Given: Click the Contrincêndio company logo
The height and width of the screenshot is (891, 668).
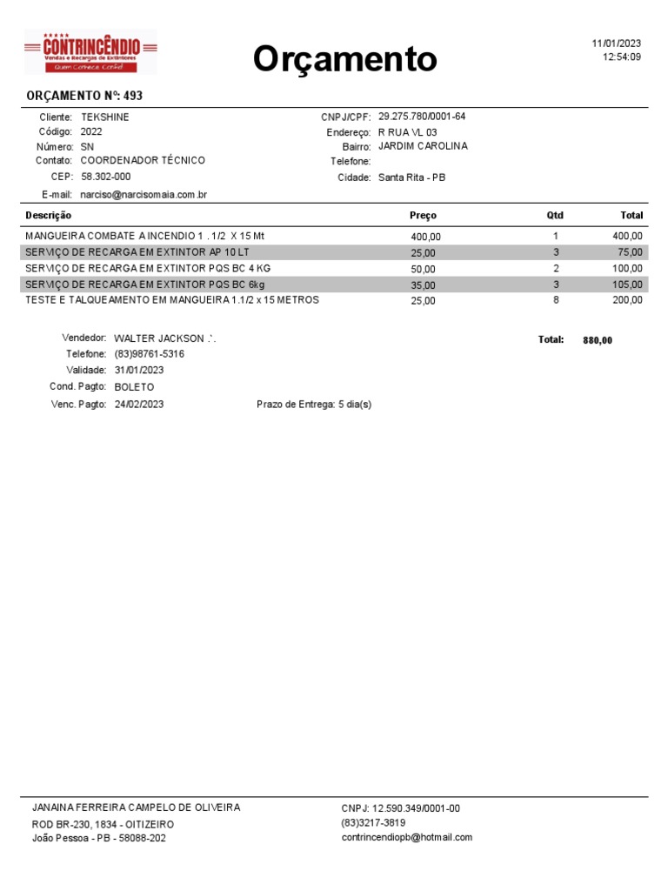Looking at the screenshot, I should [90, 52].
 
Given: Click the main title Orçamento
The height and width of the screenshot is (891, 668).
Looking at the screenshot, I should [345, 59].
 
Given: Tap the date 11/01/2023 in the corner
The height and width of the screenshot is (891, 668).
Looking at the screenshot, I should [616, 44].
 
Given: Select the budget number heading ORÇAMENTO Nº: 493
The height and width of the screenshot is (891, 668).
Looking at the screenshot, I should [84, 96].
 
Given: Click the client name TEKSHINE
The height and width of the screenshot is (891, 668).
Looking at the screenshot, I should [104, 117].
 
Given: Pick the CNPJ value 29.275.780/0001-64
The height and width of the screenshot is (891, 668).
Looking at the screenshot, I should [422, 117].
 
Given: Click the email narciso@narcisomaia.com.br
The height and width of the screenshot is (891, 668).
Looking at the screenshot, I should [144, 195].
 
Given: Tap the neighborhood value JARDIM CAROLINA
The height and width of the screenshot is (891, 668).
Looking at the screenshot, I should [423, 146].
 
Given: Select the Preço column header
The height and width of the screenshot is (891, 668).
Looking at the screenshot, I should [423, 215].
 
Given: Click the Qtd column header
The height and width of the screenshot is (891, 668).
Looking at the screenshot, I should [555, 215].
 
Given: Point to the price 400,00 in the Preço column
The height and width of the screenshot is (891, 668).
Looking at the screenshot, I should [426, 237].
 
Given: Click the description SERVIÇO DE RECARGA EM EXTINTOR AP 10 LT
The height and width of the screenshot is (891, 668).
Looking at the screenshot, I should [137, 251].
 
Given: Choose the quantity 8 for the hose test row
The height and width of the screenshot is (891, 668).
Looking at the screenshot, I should [556, 299].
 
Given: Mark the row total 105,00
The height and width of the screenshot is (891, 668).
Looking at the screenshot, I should [627, 285].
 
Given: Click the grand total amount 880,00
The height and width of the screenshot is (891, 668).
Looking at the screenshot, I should [598, 340].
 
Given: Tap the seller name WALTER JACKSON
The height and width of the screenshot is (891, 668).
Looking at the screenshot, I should [159, 338].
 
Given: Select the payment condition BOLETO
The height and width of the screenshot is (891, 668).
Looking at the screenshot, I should [134, 386].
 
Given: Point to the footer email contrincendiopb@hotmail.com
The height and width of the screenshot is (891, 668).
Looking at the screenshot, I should [406, 837].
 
